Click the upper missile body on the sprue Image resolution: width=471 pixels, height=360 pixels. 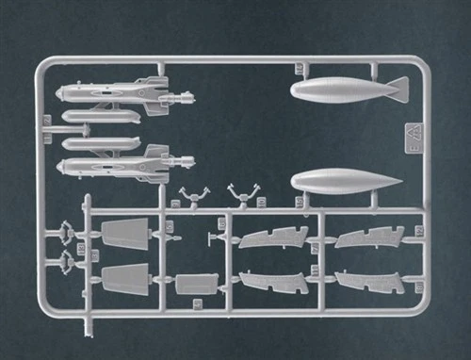pos(104,93)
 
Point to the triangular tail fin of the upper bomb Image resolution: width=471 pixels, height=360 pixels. pos(398,89)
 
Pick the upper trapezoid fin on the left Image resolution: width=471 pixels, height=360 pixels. pos(126,234)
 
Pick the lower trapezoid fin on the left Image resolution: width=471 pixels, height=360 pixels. pos(126,280)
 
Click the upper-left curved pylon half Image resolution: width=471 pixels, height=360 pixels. pos(273,237)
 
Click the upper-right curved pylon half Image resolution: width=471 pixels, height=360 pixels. pos(370,237)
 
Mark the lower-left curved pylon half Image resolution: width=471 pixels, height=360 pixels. pos(274,281)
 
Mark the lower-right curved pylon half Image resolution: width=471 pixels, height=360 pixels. pos(370,282)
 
